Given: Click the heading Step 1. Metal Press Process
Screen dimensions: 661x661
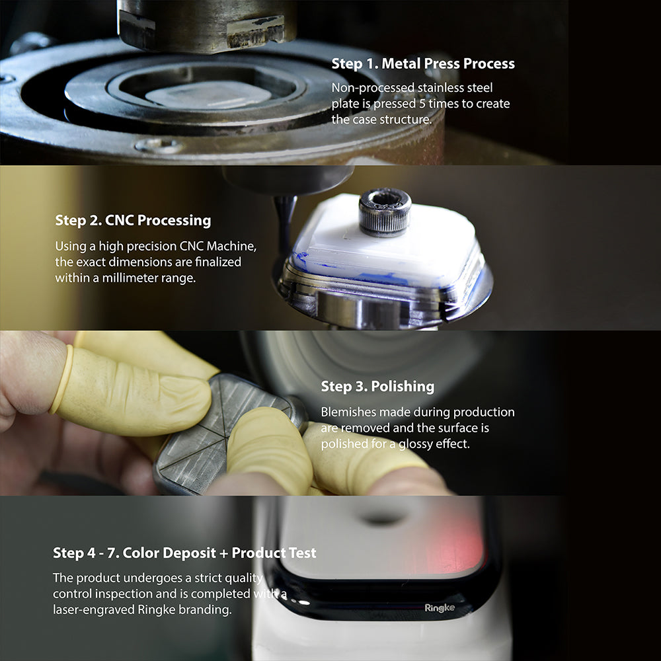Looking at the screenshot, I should coord(422,63).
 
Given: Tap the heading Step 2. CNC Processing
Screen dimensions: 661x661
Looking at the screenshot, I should coord(133,220).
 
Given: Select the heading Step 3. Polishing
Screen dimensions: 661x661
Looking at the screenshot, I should coord(377,386).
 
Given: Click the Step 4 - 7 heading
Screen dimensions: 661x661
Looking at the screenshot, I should coord(184,552).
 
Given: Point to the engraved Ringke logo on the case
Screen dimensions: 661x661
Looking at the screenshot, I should coord(439,607).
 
